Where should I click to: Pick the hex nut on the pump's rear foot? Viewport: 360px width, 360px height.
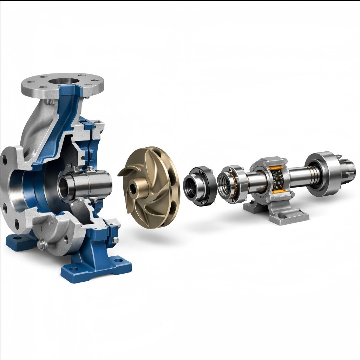(116, 240)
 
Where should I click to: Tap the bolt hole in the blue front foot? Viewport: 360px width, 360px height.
(121, 262)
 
